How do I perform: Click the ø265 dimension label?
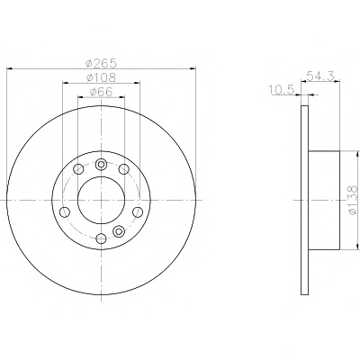point(101,63)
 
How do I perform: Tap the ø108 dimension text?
point(101,77)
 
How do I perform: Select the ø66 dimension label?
point(101,92)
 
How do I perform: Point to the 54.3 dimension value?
point(320,76)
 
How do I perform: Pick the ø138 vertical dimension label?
point(353,200)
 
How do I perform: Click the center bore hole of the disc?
point(101,200)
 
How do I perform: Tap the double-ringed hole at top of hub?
point(101,164)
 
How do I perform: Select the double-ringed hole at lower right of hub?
point(119,231)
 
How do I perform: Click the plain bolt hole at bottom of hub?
point(102,238)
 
